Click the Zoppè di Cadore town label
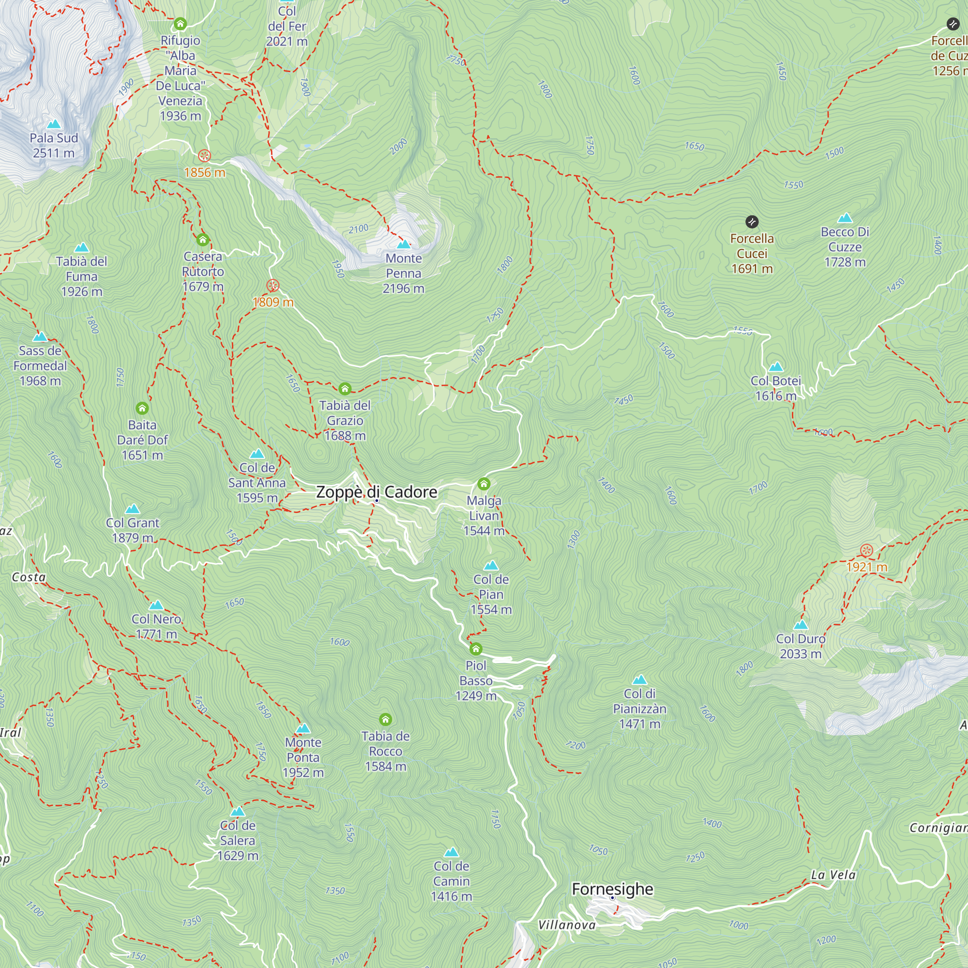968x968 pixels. pyautogui.click(x=376, y=492)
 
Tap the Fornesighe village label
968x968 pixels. pyautogui.click(x=612, y=889)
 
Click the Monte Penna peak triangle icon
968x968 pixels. pyautogui.click(x=403, y=244)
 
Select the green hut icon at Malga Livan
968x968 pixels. pyautogui.click(x=484, y=484)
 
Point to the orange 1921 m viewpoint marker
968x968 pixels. pyautogui.click(x=866, y=551)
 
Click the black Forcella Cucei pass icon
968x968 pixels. pyautogui.click(x=752, y=222)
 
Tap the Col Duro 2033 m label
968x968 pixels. pyautogui.click(x=801, y=646)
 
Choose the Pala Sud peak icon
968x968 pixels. pyautogui.click(x=54, y=124)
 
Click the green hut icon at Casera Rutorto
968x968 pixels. pyautogui.click(x=202, y=240)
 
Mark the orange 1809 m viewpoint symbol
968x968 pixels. pyautogui.click(x=272, y=286)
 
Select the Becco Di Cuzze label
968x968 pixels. pyautogui.click(x=845, y=246)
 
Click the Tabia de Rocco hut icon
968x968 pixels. pyautogui.click(x=385, y=720)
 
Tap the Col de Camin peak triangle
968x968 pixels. pyautogui.click(x=452, y=852)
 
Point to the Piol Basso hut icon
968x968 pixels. pyautogui.click(x=475, y=650)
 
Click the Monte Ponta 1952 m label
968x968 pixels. pyautogui.click(x=303, y=757)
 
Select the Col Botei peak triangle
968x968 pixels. pyautogui.click(x=775, y=367)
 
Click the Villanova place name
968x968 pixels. pyautogui.click(x=567, y=925)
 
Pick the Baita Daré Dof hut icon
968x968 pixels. pyautogui.click(x=142, y=408)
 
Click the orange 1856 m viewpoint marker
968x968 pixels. pyautogui.click(x=204, y=155)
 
